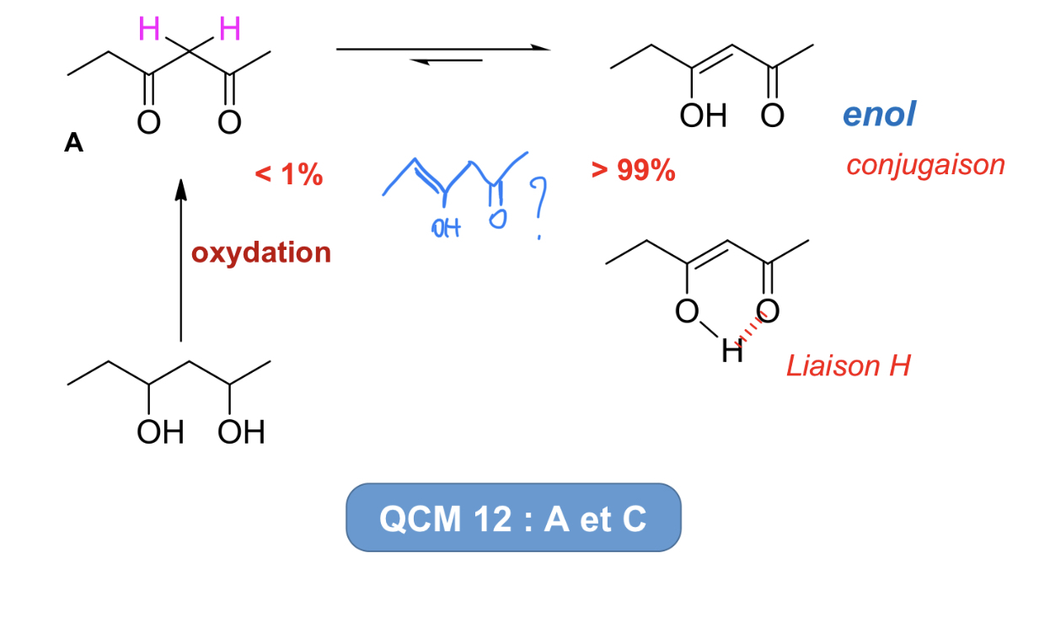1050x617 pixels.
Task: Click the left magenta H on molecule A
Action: pyautogui.click(x=149, y=30)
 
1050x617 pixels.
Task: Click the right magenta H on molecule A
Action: pyautogui.click(x=228, y=30)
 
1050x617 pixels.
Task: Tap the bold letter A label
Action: pyautogui.click(x=74, y=143)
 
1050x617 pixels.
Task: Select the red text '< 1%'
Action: pyautogui.click(x=289, y=174)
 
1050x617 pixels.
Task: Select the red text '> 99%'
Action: pyautogui.click(x=633, y=171)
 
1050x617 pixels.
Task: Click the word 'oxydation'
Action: pyautogui.click(x=261, y=253)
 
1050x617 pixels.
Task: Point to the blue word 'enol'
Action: pyautogui.click(x=878, y=114)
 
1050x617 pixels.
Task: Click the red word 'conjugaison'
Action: pyautogui.click(x=925, y=164)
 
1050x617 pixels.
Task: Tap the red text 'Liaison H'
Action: pyautogui.click(x=848, y=366)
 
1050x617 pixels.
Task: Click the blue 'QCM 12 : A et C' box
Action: pyautogui.click(x=513, y=518)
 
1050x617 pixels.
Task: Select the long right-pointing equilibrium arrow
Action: pyautogui.click(x=443, y=49)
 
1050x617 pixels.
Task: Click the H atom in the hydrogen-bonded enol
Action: pyautogui.click(x=732, y=352)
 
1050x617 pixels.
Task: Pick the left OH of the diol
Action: pyautogui.click(x=160, y=433)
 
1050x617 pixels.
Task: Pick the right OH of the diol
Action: pyautogui.click(x=241, y=433)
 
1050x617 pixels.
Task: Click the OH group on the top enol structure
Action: pyautogui.click(x=704, y=116)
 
